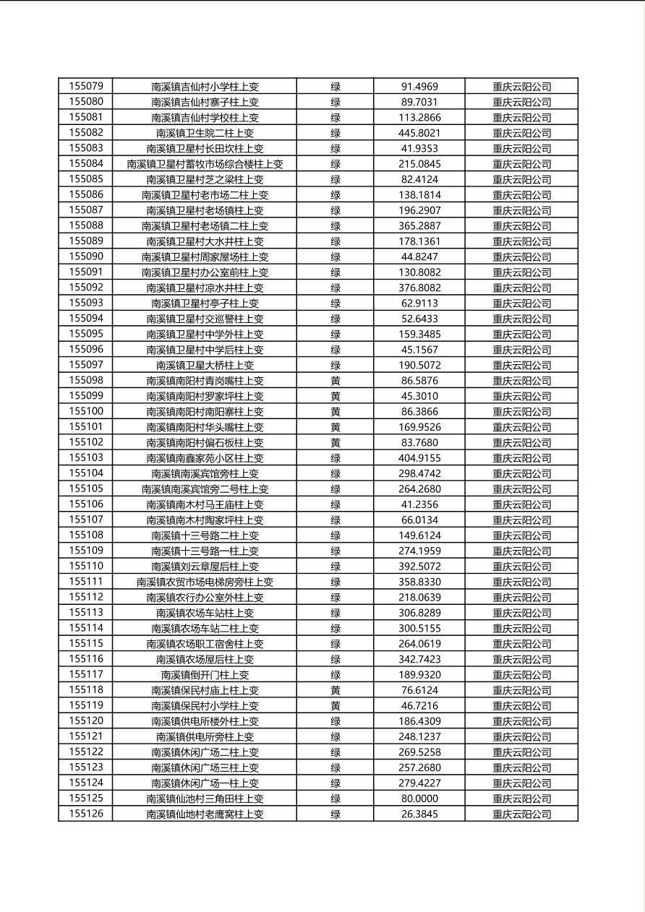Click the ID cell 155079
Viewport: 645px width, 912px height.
(86, 86)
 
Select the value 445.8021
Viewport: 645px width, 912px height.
(419, 133)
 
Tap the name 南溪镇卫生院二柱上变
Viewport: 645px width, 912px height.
(205, 133)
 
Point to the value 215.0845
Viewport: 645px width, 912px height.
(419, 164)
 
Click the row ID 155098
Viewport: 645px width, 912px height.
(86, 380)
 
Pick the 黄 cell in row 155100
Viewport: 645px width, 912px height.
(336, 411)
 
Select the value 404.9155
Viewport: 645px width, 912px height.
(419, 458)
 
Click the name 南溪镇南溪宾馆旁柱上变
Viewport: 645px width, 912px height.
(205, 473)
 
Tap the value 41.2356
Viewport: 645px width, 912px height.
(419, 504)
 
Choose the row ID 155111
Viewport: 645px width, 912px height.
(86, 582)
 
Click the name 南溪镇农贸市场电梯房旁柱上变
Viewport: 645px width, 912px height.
(205, 582)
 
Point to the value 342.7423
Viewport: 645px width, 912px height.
(419, 659)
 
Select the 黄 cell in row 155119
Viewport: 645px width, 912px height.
(336, 705)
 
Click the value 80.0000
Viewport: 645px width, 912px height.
(419, 799)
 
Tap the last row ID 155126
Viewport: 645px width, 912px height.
(86, 814)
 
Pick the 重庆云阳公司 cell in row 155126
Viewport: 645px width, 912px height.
(521, 814)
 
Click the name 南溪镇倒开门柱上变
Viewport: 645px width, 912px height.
(205, 675)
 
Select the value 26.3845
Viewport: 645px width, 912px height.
(419, 814)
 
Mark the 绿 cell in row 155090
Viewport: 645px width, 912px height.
(336, 257)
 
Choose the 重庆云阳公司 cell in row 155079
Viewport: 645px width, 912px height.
(521, 87)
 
